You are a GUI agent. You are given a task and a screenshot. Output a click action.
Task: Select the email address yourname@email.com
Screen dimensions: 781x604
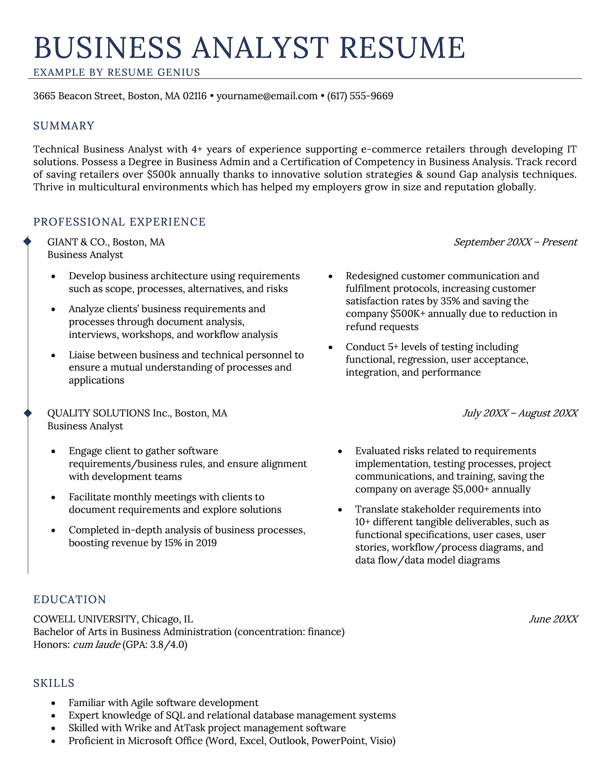tap(267, 96)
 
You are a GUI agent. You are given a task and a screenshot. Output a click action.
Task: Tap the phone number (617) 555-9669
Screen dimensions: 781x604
tap(360, 96)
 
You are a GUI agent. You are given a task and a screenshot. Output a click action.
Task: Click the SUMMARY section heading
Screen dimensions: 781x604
tap(64, 126)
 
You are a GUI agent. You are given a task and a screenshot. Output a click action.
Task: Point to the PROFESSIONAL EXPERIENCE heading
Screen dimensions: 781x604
tap(119, 222)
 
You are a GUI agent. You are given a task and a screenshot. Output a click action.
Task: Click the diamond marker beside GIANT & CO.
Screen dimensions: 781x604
tap(28, 241)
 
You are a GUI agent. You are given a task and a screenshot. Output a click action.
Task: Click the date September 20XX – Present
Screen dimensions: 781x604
tap(515, 242)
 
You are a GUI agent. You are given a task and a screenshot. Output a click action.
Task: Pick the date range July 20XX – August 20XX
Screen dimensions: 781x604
tap(520, 413)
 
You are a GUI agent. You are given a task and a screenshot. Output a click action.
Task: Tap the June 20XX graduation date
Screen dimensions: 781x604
tap(553, 619)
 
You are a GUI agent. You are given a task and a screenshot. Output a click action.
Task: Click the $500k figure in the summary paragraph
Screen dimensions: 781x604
tap(161, 175)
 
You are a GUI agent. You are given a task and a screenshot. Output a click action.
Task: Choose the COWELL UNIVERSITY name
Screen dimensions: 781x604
tap(85, 619)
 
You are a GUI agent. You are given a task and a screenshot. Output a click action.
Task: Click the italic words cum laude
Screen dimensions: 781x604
tap(96, 645)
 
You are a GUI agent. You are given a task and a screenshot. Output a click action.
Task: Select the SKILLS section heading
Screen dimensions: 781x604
tap(54, 683)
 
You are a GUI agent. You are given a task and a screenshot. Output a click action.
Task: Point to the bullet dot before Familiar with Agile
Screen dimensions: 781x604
tap(53, 703)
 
